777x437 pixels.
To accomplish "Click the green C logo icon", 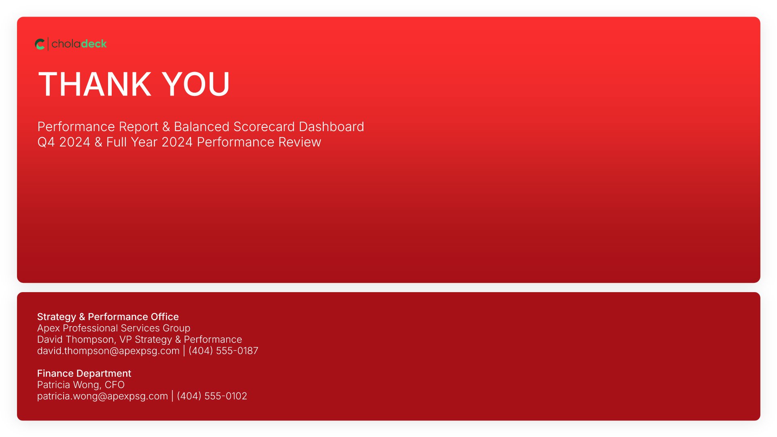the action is click(40, 44).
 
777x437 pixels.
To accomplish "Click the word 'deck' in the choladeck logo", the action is click(94, 44).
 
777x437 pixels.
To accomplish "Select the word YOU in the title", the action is click(196, 84).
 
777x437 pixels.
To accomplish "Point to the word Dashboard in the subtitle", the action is click(331, 127).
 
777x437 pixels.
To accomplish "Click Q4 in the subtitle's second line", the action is click(46, 142).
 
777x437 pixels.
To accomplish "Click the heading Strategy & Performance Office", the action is click(108, 317).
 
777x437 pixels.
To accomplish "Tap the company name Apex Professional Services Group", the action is click(114, 328).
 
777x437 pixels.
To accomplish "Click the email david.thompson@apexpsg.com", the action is click(108, 351).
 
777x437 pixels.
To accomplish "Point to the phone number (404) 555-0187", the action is click(223, 351).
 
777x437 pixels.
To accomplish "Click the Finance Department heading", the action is click(84, 373).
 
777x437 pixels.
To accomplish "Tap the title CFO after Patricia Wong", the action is click(115, 385).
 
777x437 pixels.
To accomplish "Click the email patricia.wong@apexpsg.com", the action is click(102, 396).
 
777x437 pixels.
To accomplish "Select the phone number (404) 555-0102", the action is click(212, 396).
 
